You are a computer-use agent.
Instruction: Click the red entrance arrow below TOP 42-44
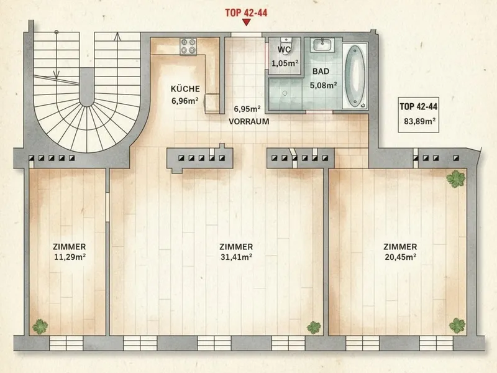[x=246, y=22]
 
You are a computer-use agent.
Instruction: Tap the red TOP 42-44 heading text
[x=246, y=12]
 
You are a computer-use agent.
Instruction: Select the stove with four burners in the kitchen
[x=188, y=47]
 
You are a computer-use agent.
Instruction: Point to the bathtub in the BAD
[x=354, y=76]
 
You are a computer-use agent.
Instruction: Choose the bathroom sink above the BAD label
[x=322, y=45]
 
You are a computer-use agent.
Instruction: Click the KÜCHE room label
[x=185, y=89]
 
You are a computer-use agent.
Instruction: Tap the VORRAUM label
[x=249, y=121]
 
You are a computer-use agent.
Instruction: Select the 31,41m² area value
[x=237, y=257]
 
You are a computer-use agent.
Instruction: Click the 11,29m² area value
[x=70, y=257]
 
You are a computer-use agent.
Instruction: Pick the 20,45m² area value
[x=401, y=257]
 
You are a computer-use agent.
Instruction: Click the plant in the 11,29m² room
[x=40, y=326]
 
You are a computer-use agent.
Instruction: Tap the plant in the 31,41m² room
[x=314, y=328]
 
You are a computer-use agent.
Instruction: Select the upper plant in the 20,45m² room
[x=456, y=179]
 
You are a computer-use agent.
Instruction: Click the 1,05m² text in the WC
[x=285, y=63]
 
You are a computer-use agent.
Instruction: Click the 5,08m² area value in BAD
[x=323, y=85]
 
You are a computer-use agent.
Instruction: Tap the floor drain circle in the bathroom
[x=285, y=93]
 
